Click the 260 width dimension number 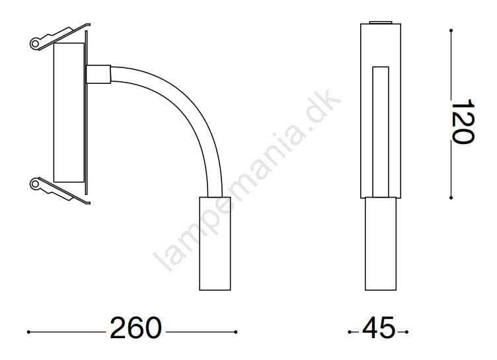pos(135,328)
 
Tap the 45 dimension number pos(379,328)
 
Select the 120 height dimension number pos(463,122)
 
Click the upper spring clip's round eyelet pos(34,43)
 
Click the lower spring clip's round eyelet pos(34,184)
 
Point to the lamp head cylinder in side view pos(215,243)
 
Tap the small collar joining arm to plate pos(98,75)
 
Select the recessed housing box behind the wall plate pos(69,112)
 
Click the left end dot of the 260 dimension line pos(28,332)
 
